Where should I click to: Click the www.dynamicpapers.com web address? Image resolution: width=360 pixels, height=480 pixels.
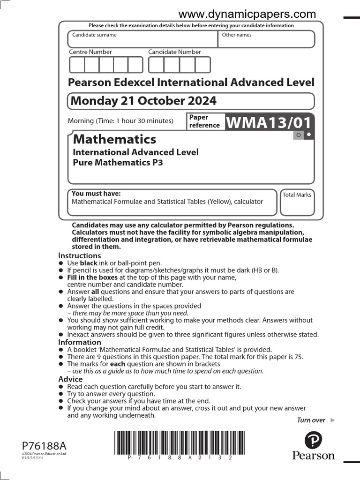[x=247, y=14]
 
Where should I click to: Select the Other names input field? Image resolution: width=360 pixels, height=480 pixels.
[x=266, y=40]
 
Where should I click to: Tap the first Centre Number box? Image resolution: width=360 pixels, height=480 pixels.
[x=77, y=65]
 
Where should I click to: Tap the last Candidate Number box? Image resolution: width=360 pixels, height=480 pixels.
[x=203, y=65]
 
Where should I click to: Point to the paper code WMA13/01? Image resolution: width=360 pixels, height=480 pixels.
[x=269, y=122]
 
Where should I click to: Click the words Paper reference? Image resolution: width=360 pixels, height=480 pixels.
[x=204, y=121]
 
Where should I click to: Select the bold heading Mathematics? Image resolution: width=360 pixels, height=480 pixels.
[x=115, y=139]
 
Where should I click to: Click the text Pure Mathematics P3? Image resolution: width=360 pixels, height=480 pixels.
[x=118, y=163]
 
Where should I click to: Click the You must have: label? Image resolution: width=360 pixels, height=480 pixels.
[x=96, y=194]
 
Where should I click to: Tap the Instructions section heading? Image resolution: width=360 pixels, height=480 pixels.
[x=79, y=255]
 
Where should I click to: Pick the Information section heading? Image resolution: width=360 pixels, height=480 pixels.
[x=79, y=342]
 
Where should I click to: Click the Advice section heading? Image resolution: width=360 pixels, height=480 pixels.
[x=70, y=379]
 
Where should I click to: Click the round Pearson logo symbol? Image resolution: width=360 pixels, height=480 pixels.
[x=314, y=441]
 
